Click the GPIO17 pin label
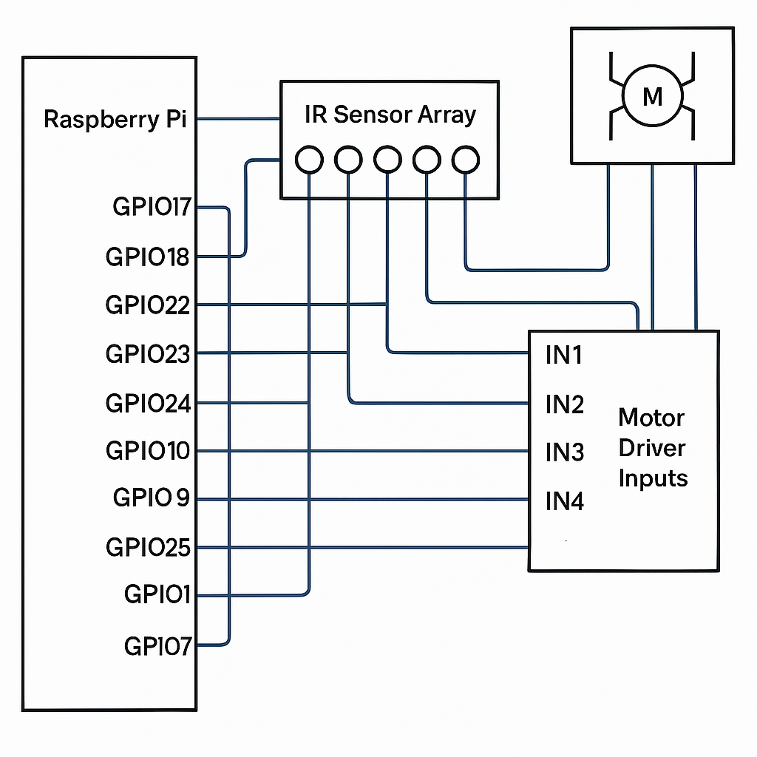(152, 207)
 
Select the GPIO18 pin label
(147, 257)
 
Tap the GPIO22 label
(148, 305)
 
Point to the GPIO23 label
(148, 354)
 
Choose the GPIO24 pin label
(148, 403)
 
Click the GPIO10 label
(148, 450)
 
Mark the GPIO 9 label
(151, 498)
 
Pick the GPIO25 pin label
(148, 548)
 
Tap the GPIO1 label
(157, 594)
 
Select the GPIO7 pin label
(158, 646)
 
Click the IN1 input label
(564, 356)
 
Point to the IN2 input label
(565, 404)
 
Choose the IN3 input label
(565, 452)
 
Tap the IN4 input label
(565, 501)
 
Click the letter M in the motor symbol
(653, 97)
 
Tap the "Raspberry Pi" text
(115, 120)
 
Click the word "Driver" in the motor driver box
(652, 448)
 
